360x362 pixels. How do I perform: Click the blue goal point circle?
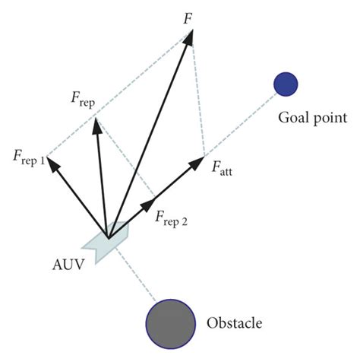pyautogui.click(x=286, y=83)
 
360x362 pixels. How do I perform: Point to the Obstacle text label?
pyautogui.click(x=234, y=323)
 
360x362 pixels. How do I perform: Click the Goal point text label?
pyautogui.click(x=311, y=118)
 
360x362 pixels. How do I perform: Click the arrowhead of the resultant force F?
pyautogui.click(x=190, y=35)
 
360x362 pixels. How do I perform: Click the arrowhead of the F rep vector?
pyautogui.click(x=95, y=124)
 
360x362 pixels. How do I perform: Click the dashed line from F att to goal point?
pyautogui.click(x=239, y=126)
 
